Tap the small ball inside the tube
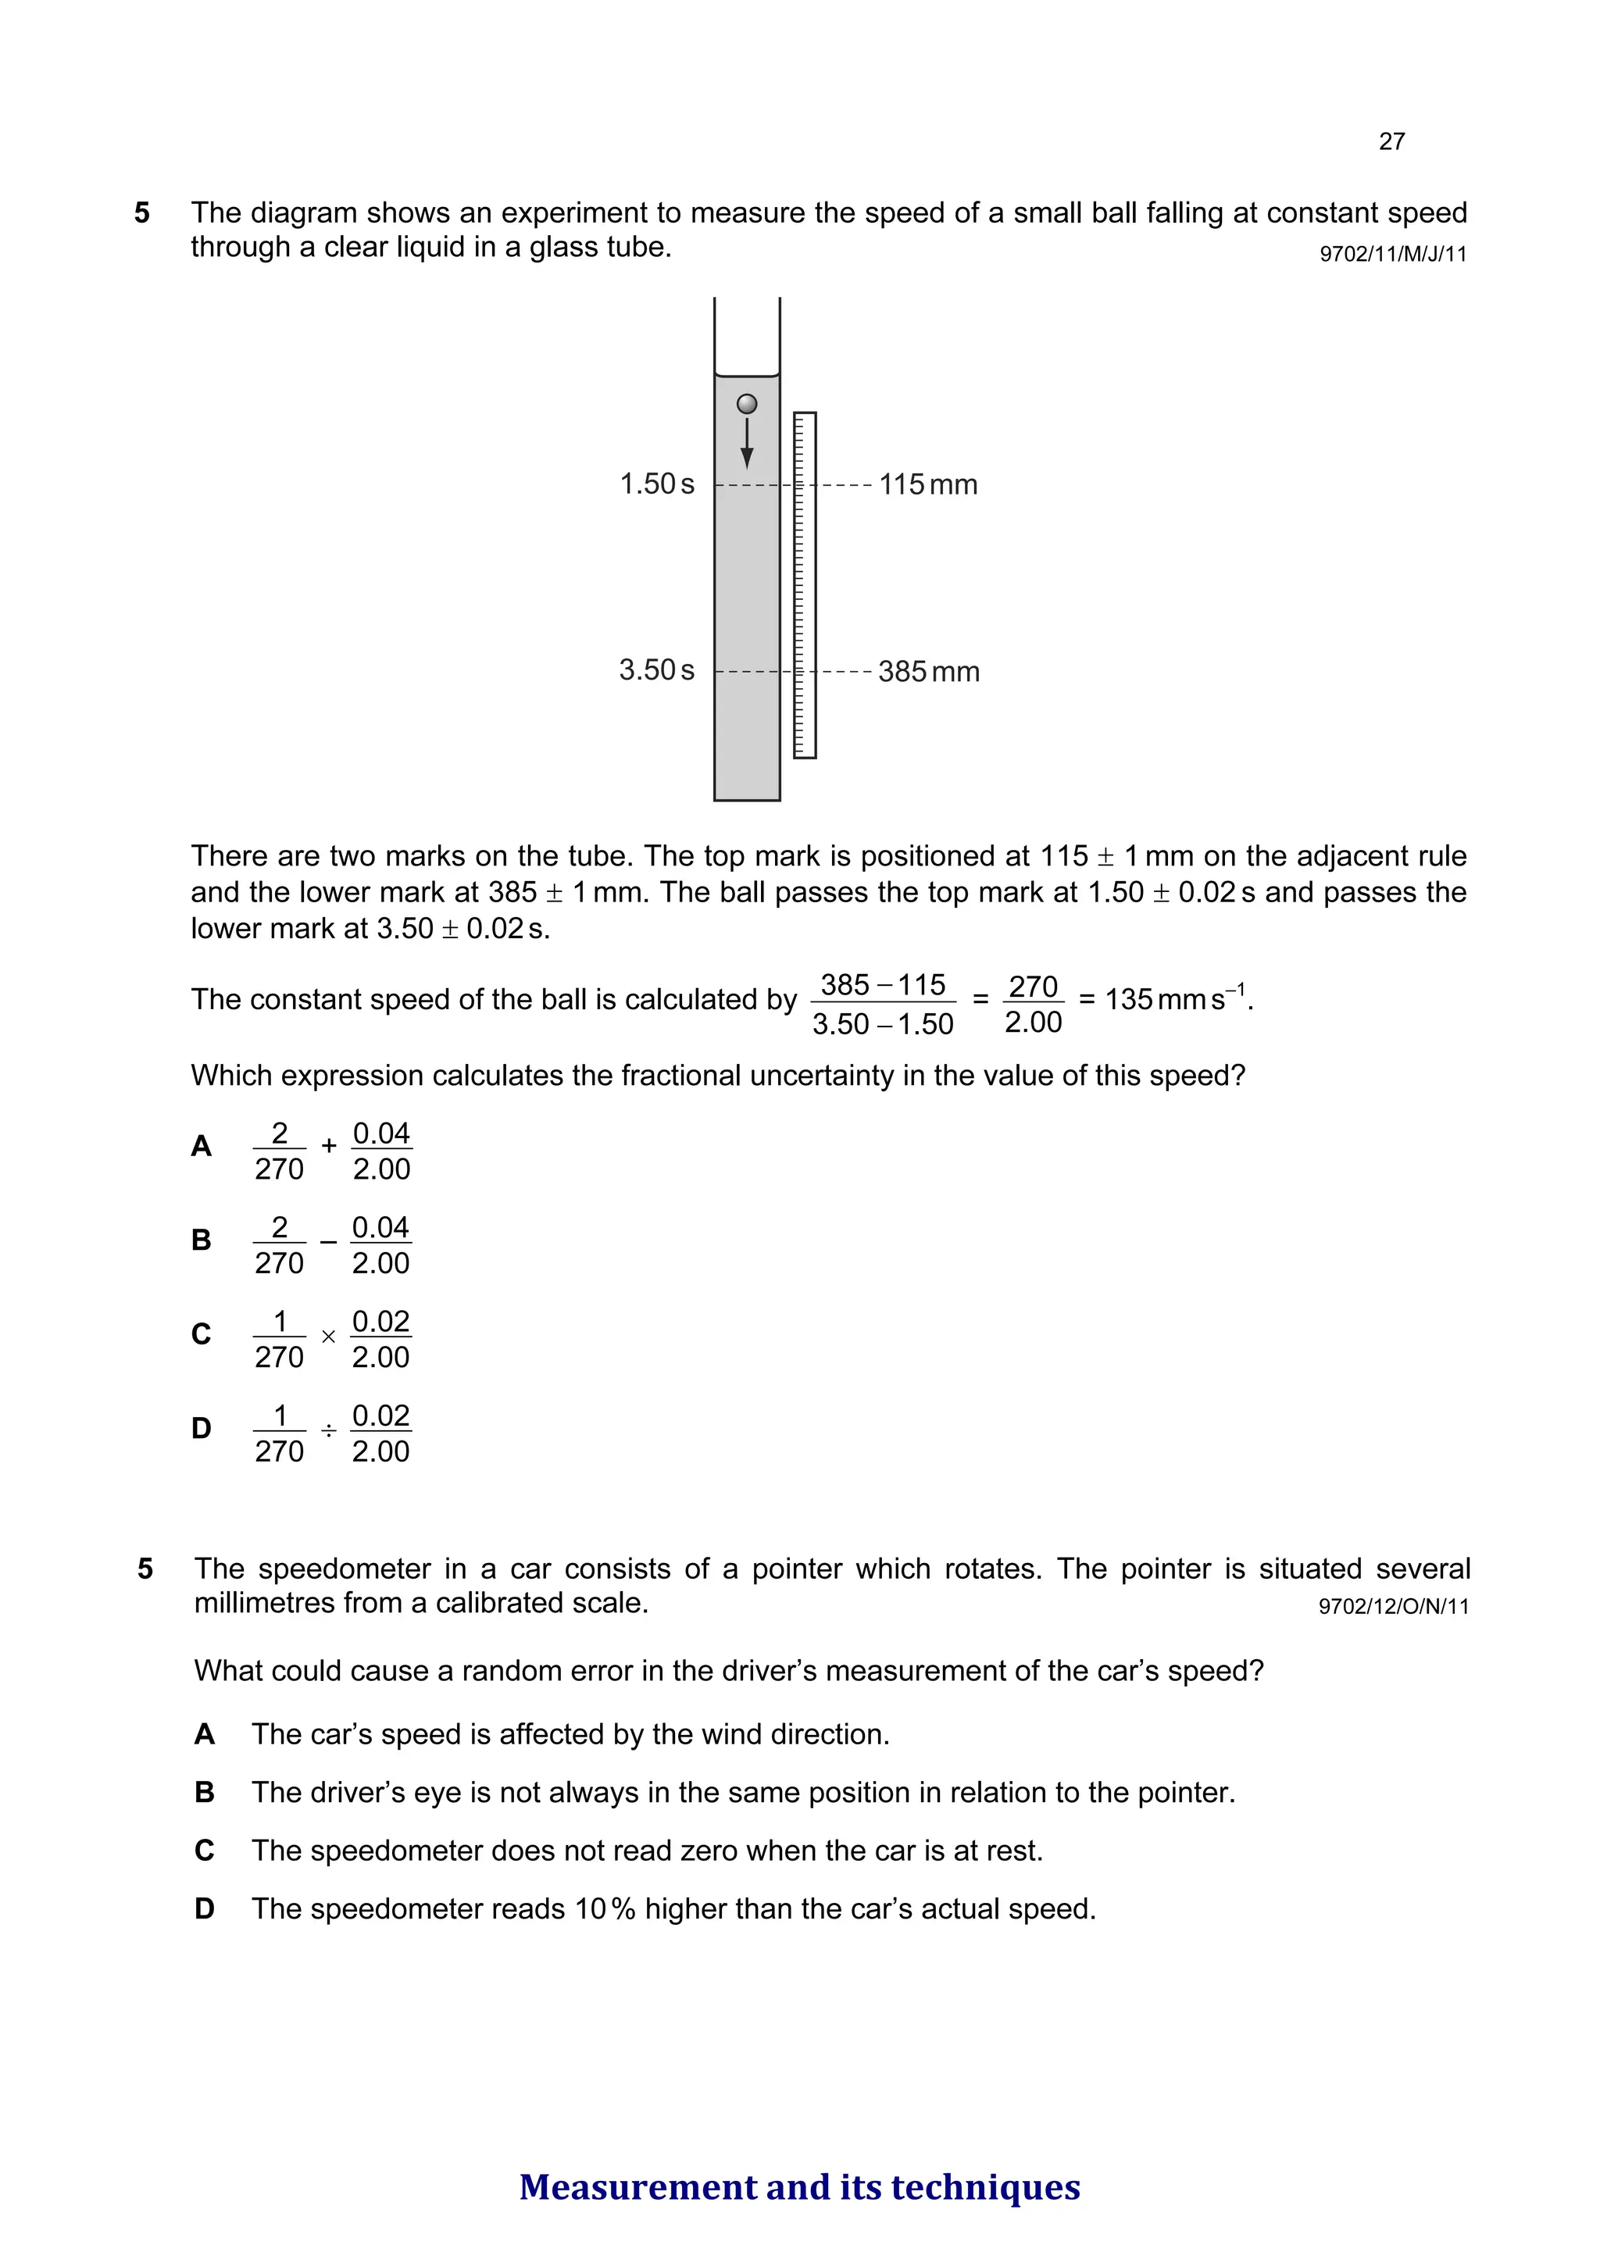(747, 404)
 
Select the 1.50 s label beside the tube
(656, 484)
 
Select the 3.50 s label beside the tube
(656, 670)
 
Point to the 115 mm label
(927, 485)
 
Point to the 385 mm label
(929, 673)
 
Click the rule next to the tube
(805, 585)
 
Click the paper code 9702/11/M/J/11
(1393, 255)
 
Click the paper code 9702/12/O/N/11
(1393, 1607)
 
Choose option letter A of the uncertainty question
(201, 1146)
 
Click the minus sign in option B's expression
(328, 1242)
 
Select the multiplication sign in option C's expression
(328, 1337)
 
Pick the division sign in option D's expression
(328, 1430)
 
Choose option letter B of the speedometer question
(204, 1792)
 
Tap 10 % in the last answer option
(605, 1909)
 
